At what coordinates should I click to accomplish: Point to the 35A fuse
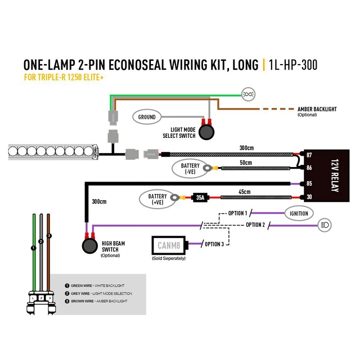click(x=200, y=197)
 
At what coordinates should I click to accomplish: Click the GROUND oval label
click(x=147, y=118)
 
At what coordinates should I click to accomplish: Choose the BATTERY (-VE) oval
click(x=190, y=168)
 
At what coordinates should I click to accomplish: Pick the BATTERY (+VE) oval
click(x=157, y=199)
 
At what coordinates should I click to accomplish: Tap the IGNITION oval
click(x=299, y=214)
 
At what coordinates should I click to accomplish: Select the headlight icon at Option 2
click(x=325, y=224)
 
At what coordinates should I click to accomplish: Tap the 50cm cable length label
click(x=245, y=163)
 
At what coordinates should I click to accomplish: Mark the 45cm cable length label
click(x=244, y=192)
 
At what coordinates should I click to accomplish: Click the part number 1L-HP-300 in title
click(x=293, y=65)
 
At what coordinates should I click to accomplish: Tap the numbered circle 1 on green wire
click(x=34, y=247)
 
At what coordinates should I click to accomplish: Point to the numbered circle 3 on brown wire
click(x=49, y=235)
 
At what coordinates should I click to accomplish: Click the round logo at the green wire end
click(x=247, y=93)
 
